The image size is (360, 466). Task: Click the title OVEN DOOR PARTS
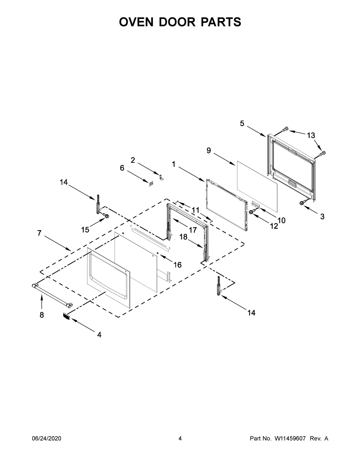click(x=180, y=22)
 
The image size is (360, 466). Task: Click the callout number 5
click(x=242, y=123)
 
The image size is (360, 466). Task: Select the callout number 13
click(x=311, y=135)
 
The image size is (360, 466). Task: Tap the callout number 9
click(x=209, y=151)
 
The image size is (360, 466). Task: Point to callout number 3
click(x=322, y=216)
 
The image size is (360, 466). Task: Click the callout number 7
click(x=39, y=233)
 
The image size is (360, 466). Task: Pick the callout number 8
click(x=41, y=315)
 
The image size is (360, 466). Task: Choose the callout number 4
click(x=99, y=335)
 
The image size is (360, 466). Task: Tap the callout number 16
click(x=177, y=265)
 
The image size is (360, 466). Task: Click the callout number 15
click(x=85, y=230)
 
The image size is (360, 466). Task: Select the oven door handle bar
click(x=51, y=295)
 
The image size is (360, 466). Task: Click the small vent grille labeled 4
click(x=66, y=316)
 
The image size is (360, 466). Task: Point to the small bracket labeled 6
click(x=151, y=183)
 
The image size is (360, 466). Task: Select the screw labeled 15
click(x=105, y=215)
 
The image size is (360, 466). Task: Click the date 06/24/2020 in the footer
click(x=46, y=439)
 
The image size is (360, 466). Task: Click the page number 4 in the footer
click(x=180, y=439)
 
